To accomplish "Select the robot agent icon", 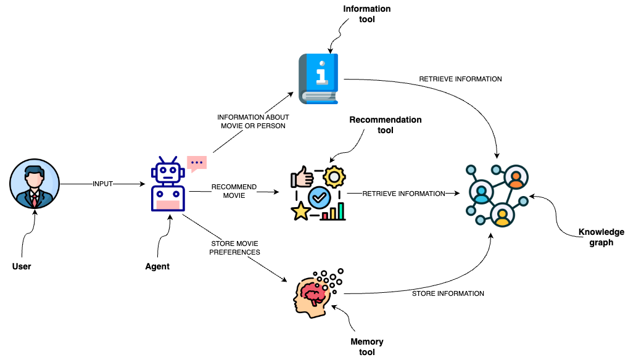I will (168, 185).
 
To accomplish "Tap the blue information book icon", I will (319, 78).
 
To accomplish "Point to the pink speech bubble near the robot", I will (197, 163).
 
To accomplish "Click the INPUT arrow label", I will (102, 184).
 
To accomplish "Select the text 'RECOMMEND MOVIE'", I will (234, 191).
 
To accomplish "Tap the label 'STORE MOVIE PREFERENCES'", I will (234, 248).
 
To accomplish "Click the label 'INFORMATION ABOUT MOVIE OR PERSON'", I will (253, 122).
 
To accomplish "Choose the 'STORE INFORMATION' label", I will (448, 293).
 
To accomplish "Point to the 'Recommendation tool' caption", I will (386, 125).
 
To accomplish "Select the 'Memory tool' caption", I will (366, 347).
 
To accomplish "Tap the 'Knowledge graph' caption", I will (601, 237).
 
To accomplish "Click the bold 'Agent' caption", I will (158, 267).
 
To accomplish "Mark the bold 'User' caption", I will (22, 267).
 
